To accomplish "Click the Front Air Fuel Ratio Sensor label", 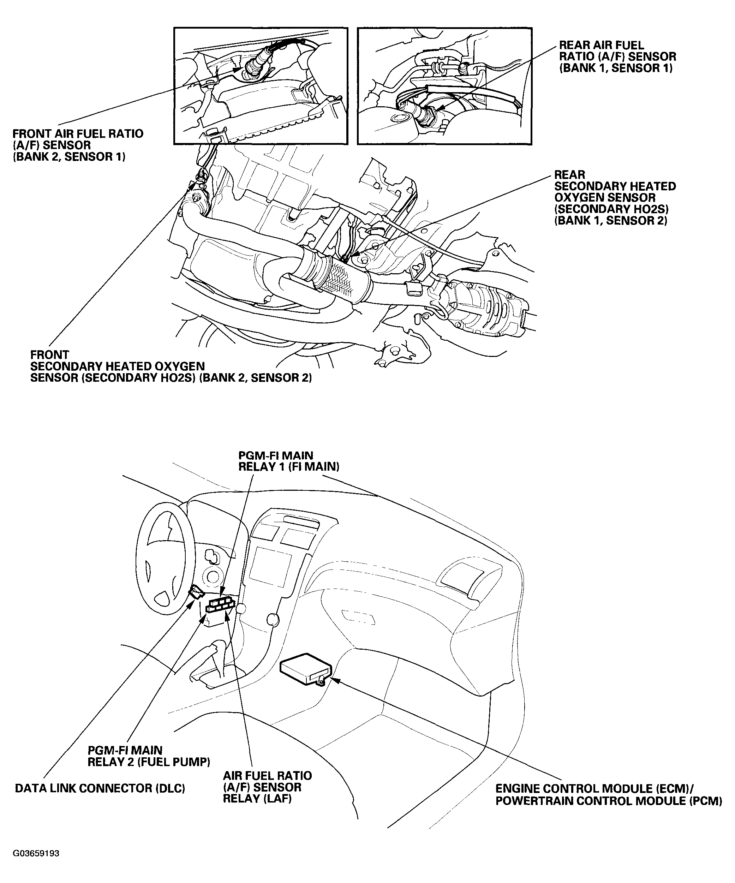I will click(78, 145).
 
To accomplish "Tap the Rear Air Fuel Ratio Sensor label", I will click(617, 57).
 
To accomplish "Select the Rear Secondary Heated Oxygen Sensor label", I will click(615, 198).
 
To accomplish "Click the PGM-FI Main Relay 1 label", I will click(288, 461).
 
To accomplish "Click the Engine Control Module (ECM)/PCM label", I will click(608, 795).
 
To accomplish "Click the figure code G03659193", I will click(36, 854).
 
